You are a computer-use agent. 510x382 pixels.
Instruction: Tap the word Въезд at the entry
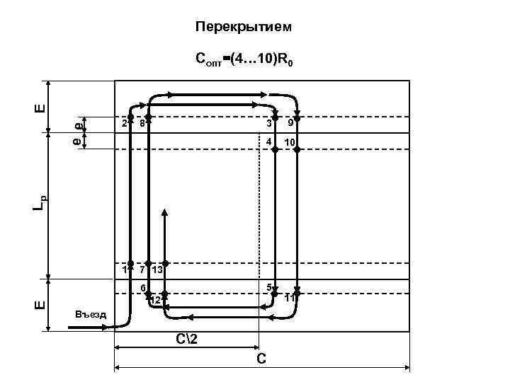(91, 314)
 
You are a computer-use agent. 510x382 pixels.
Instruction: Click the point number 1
(123, 269)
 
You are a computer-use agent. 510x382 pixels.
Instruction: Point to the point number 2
(123, 122)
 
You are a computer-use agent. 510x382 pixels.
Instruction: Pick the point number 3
(268, 123)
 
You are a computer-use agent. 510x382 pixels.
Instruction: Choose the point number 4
(268, 143)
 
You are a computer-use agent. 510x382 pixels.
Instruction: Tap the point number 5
(268, 286)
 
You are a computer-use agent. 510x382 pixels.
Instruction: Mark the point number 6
(142, 287)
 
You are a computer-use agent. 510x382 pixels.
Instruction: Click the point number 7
(142, 269)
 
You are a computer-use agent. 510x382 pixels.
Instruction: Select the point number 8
(142, 122)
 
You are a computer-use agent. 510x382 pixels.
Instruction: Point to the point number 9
(289, 123)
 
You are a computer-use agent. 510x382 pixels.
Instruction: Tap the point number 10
(289, 143)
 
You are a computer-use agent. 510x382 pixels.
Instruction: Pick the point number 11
(289, 299)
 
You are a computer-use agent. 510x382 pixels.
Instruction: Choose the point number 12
(155, 301)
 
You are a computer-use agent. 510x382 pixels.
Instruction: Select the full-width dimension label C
(261, 359)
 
